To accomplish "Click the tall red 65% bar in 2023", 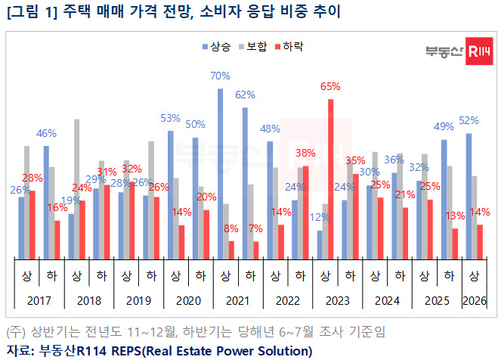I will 331,178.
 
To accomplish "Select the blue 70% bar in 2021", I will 221,172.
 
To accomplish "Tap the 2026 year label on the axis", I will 474,301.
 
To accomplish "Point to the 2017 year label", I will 39,301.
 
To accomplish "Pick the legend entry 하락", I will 290,47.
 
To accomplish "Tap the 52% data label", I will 469,121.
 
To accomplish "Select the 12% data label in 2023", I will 320,218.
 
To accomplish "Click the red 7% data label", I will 256,228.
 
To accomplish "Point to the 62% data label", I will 245,95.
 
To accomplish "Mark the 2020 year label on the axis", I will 188,301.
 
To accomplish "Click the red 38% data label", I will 305,153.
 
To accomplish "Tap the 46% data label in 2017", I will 47,133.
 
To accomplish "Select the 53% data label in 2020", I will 171,118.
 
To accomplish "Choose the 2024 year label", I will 387,301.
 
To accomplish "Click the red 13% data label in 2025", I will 455,216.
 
